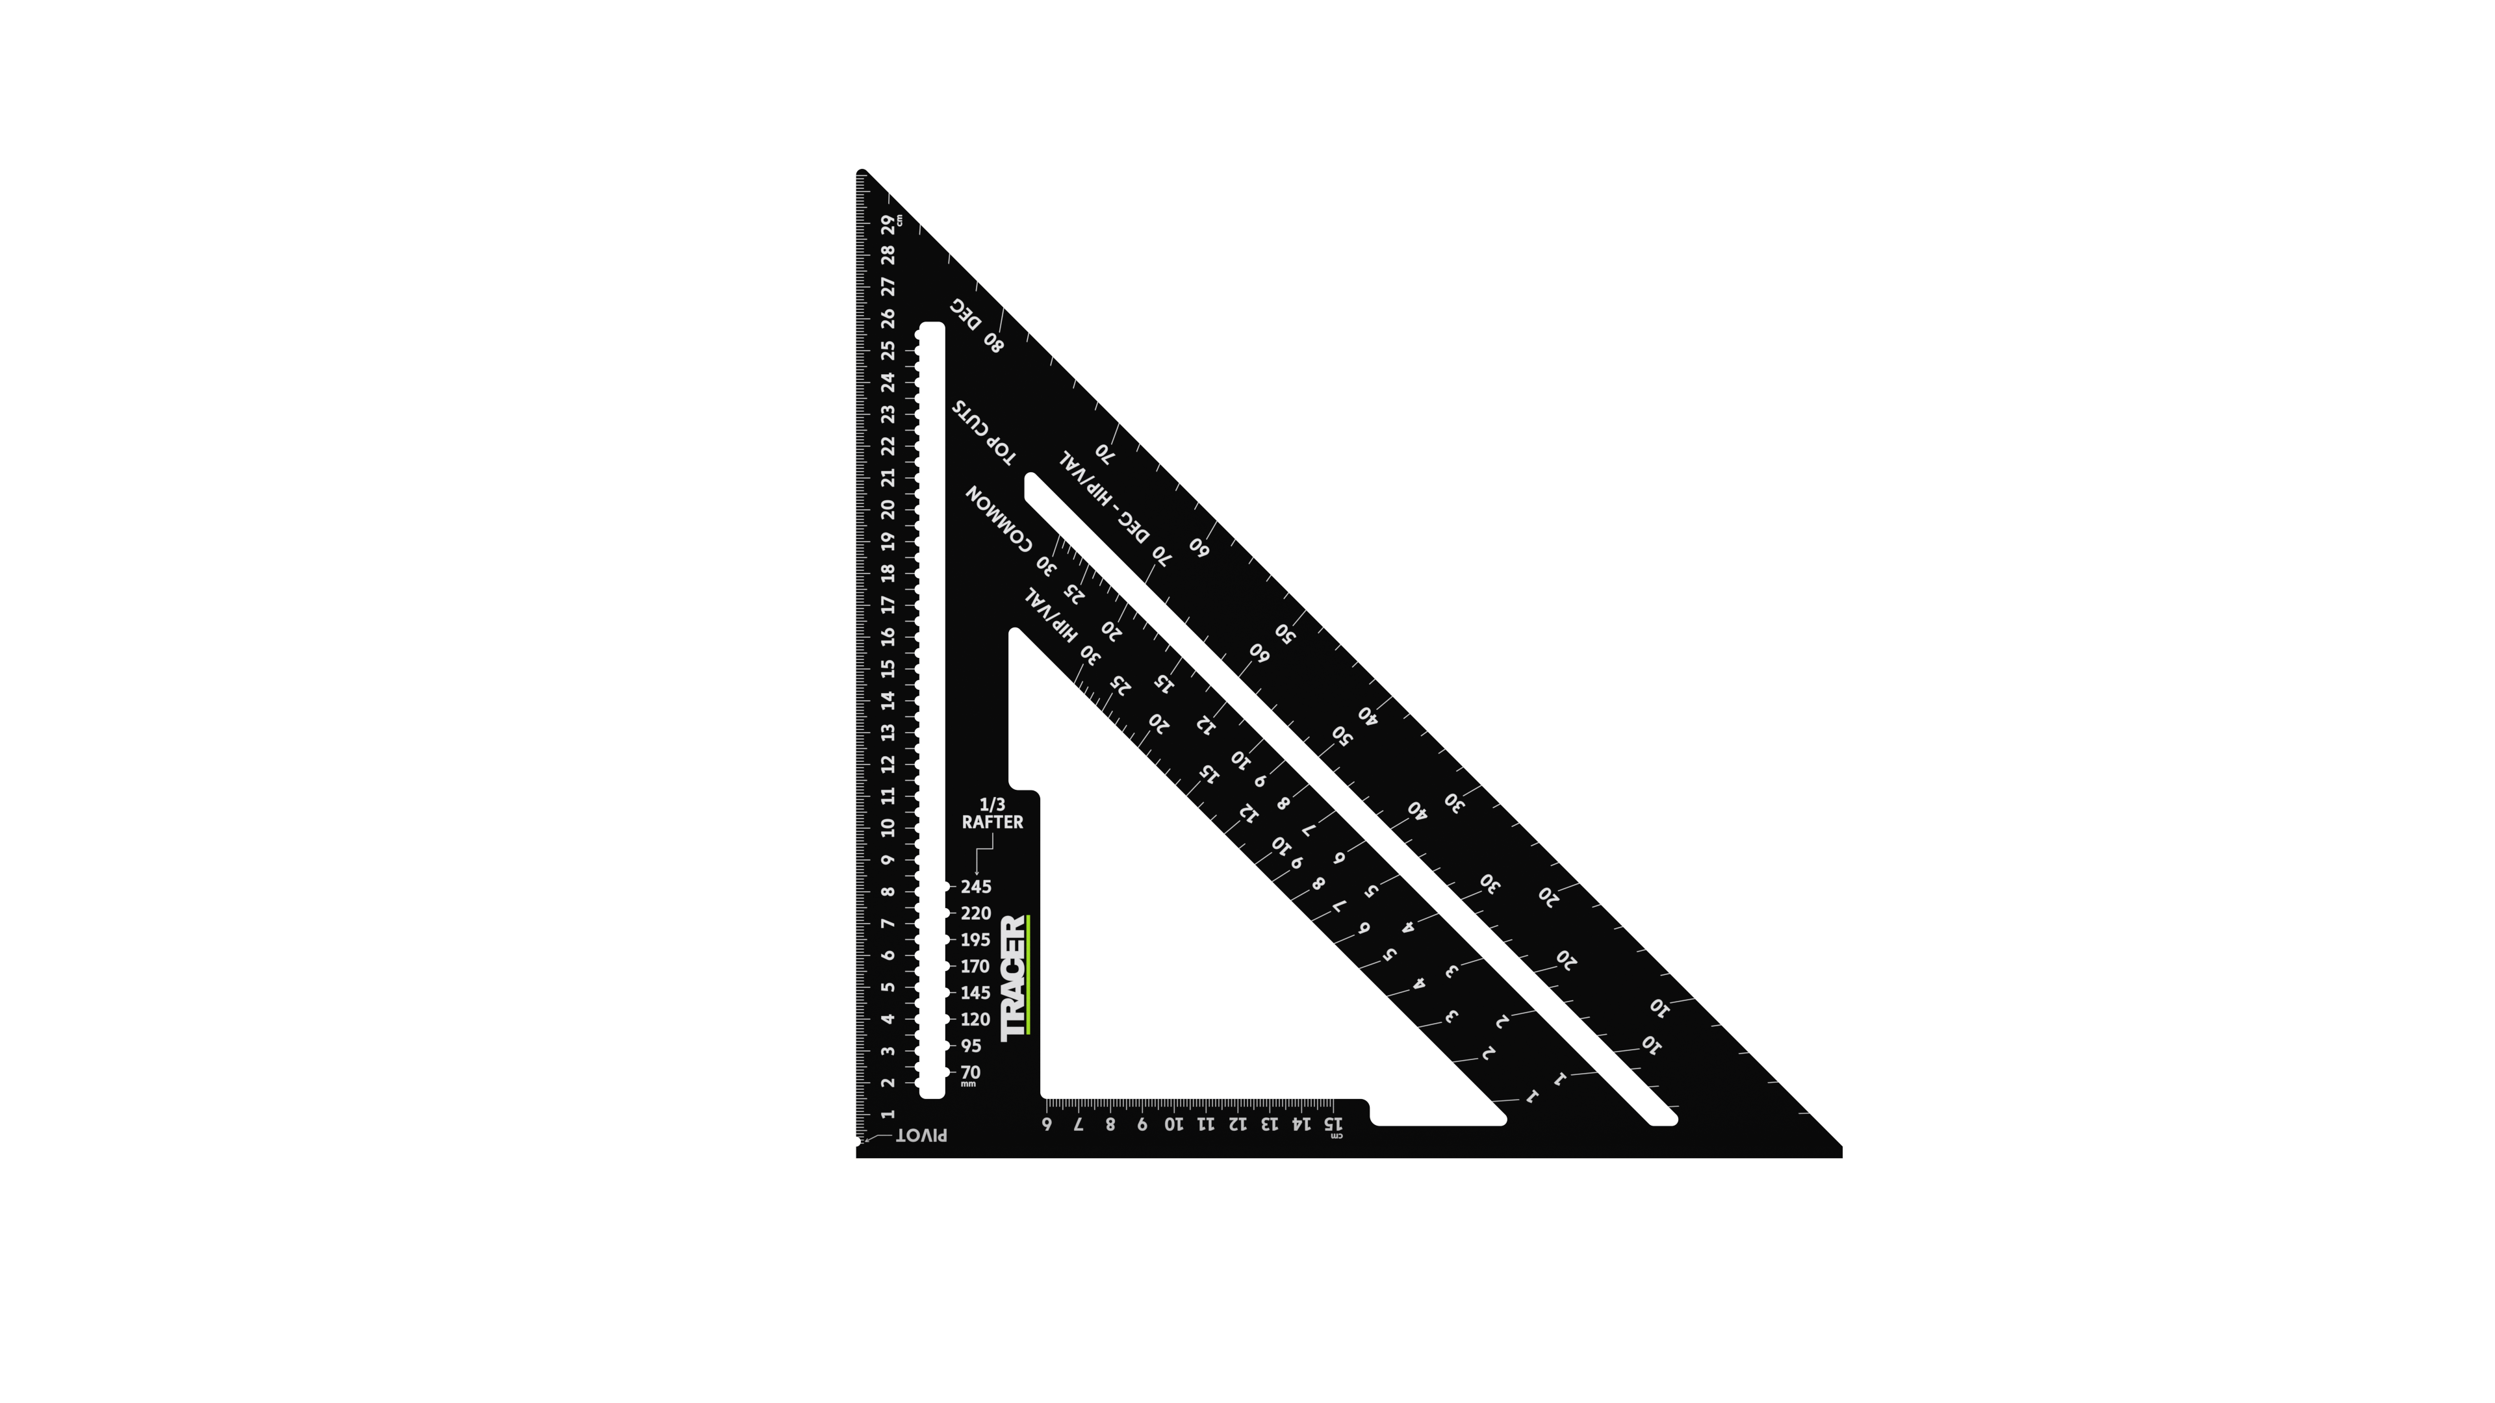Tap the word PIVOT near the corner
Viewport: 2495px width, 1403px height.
click(x=921, y=1135)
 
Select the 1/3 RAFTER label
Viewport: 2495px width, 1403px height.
click(x=992, y=813)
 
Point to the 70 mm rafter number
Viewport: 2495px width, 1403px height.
click(x=971, y=1073)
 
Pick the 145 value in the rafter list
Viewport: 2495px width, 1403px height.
click(x=975, y=992)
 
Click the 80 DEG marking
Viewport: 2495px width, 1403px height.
click(x=977, y=325)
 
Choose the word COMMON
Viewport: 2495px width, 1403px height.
click(x=1001, y=519)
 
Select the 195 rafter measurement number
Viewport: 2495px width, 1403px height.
click(x=975, y=939)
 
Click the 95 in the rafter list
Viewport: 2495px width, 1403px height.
click(x=971, y=1046)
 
